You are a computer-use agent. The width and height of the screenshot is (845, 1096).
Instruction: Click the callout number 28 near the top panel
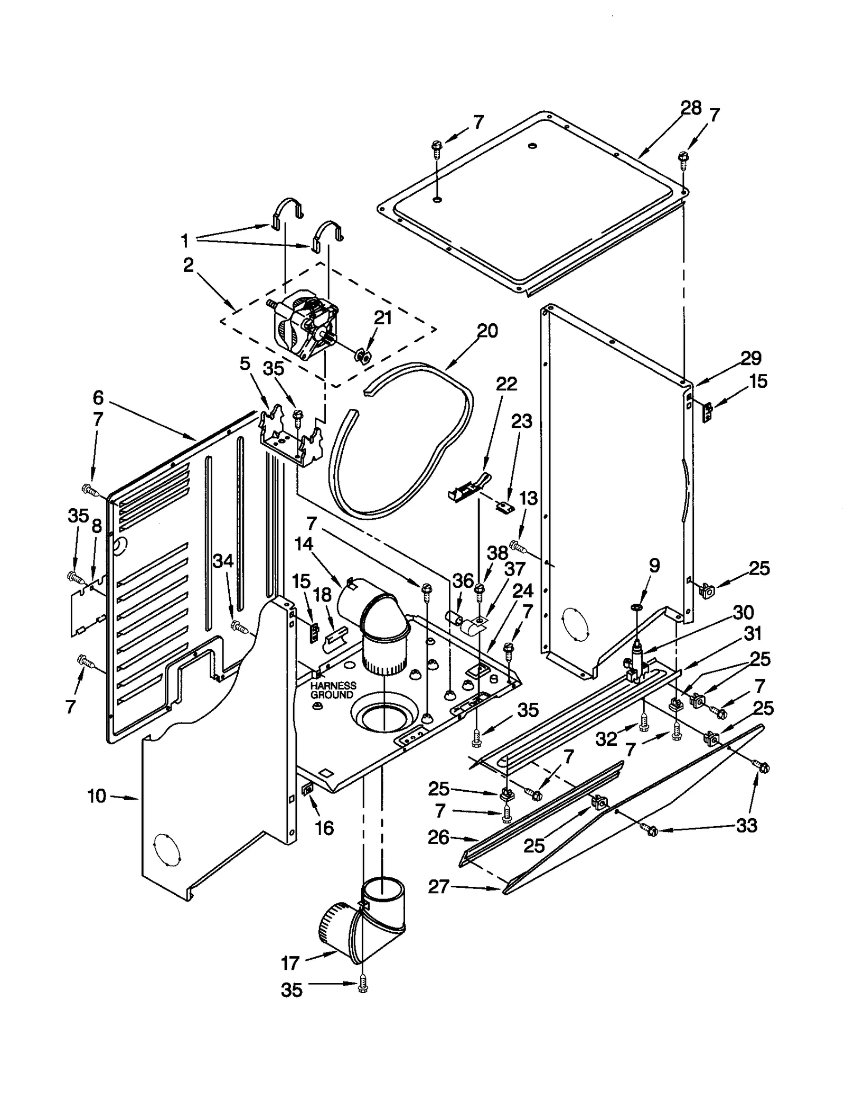690,108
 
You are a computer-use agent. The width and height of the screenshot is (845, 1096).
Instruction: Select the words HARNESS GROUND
333,690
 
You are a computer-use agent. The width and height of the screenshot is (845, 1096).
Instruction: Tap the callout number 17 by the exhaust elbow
290,963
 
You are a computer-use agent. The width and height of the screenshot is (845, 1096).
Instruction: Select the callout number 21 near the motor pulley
382,317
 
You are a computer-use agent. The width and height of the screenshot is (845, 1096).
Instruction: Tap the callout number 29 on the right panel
750,358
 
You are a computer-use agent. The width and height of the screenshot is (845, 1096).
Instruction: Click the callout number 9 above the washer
654,566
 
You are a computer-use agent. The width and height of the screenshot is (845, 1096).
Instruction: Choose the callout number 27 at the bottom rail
438,887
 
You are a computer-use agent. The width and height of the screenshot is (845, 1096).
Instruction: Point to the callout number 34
223,561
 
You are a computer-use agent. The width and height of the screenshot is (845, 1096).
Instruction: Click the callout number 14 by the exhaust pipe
304,544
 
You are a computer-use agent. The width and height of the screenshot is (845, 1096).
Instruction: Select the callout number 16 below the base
324,828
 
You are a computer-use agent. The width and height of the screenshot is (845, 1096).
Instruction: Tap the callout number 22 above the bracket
506,383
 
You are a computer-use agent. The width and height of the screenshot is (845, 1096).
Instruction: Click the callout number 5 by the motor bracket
245,364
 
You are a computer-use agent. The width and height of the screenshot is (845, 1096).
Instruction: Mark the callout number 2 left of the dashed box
189,266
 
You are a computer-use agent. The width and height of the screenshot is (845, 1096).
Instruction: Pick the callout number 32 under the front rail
606,739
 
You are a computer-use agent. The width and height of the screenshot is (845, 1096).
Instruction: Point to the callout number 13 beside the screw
528,498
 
